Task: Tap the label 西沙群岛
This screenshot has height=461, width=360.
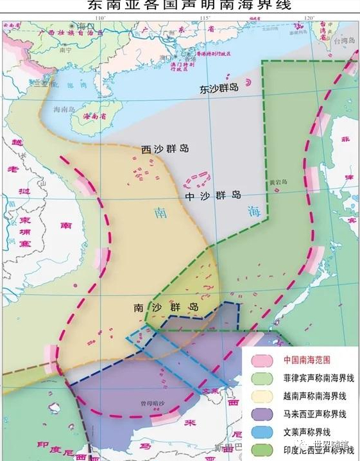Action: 165,148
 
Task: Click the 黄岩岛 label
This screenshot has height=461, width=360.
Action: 277,182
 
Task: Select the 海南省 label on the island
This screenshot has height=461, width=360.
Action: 98,116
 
